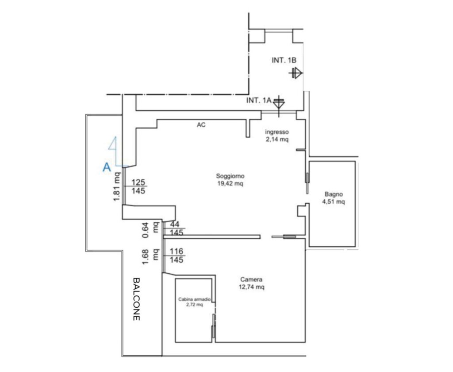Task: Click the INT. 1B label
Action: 284,60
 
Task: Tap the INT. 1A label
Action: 258,101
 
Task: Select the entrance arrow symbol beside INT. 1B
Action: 296,73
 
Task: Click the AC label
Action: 201,125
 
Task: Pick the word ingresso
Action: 277,132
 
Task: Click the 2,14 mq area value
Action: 277,139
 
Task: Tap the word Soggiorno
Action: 230,176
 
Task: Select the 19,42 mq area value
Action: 230,183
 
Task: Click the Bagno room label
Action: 334,194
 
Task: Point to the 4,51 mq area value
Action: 334,201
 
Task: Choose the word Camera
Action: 251,279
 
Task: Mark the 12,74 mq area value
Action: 251,287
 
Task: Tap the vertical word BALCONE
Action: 136,299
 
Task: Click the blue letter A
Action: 107,167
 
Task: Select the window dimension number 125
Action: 138,182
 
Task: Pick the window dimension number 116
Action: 177,251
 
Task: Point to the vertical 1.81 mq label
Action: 116,186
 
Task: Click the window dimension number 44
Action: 174,224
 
